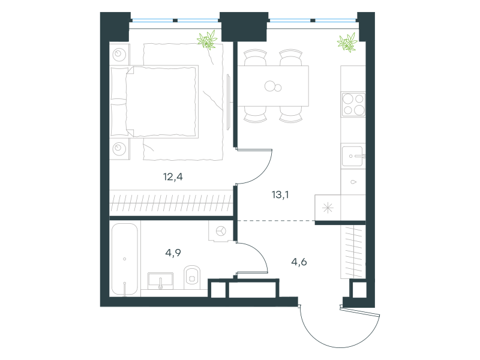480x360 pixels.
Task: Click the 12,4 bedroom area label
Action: click(x=173, y=176)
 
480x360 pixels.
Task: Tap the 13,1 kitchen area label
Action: click(x=280, y=194)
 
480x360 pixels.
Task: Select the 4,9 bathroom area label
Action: click(x=173, y=253)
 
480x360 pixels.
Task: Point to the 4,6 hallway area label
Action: click(x=299, y=262)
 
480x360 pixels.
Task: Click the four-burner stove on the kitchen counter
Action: click(x=353, y=104)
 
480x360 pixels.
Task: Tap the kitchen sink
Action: click(x=353, y=156)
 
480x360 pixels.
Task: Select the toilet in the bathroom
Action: click(x=192, y=277)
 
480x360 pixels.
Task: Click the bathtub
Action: click(x=125, y=260)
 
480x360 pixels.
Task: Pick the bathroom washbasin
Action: click(x=160, y=281)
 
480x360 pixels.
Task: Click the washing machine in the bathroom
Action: click(x=221, y=231)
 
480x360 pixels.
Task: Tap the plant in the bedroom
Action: click(x=207, y=40)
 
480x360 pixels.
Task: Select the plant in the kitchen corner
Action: click(x=347, y=42)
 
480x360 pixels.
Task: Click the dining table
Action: click(x=273, y=86)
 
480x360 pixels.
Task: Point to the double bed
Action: click(x=154, y=101)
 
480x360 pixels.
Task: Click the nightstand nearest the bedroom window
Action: click(x=119, y=55)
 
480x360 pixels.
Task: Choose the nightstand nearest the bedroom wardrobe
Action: click(x=119, y=149)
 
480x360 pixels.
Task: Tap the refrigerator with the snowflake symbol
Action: click(x=328, y=208)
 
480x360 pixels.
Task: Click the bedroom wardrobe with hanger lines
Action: click(x=172, y=203)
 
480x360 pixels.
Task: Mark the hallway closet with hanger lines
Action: click(x=353, y=251)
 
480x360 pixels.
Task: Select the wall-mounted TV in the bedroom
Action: click(x=229, y=101)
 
